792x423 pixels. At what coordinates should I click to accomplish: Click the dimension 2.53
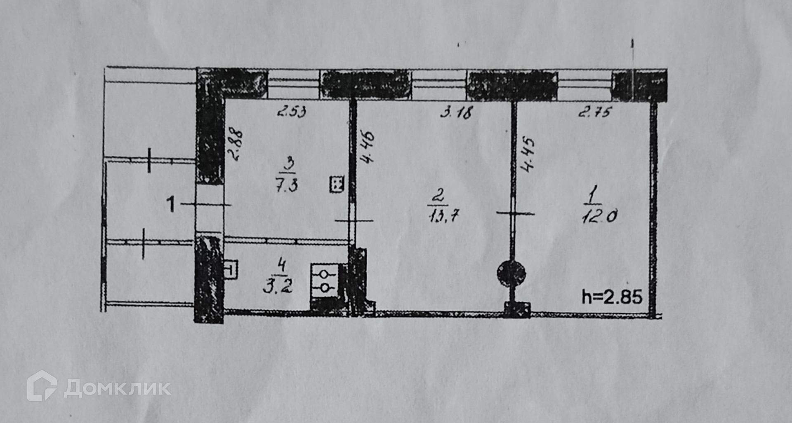(x=292, y=112)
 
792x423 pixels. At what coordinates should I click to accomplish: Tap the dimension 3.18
(x=456, y=112)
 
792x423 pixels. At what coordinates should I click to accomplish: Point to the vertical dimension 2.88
(x=236, y=145)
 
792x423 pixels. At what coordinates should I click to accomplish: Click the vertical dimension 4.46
(x=368, y=147)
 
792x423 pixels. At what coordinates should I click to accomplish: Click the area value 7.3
(x=286, y=185)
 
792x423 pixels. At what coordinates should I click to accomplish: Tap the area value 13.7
(x=443, y=215)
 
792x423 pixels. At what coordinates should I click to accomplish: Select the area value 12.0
(x=599, y=216)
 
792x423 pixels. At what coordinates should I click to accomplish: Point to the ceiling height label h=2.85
(x=612, y=297)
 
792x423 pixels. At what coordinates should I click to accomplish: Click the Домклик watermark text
(x=117, y=388)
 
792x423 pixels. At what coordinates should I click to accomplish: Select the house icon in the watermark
(x=42, y=386)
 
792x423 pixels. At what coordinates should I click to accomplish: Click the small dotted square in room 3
(x=337, y=184)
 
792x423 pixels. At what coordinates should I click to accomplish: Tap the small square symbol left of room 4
(x=231, y=270)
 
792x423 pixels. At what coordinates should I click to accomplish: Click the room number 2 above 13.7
(x=438, y=195)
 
